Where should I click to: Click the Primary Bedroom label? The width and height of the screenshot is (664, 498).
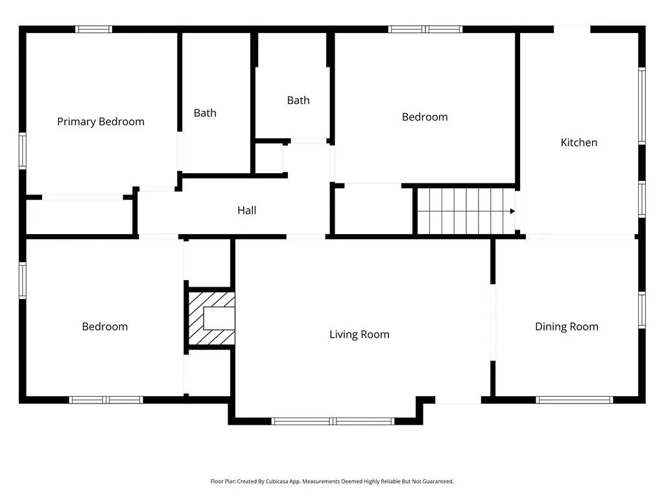(101, 122)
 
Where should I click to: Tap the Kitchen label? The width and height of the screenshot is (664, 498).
(578, 143)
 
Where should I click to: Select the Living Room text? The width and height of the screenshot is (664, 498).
(359, 335)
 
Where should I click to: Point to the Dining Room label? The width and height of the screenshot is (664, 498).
(566, 327)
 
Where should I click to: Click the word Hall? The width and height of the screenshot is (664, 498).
(246, 211)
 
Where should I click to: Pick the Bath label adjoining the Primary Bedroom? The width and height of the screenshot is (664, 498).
(205, 113)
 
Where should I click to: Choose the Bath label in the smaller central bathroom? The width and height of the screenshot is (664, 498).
(298, 101)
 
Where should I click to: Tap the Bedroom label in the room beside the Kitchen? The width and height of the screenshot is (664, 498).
(425, 117)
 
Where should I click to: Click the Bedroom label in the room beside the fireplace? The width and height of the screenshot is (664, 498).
(104, 327)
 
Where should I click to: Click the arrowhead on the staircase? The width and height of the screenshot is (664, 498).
(512, 211)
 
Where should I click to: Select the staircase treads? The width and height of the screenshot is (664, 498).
(464, 211)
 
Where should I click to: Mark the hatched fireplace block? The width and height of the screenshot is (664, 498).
(211, 318)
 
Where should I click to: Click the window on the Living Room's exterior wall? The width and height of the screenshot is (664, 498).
(333, 421)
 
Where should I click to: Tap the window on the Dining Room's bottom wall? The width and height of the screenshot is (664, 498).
(575, 399)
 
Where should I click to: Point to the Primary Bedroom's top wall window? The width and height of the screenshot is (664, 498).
(93, 29)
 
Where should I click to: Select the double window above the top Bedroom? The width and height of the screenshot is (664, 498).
(425, 29)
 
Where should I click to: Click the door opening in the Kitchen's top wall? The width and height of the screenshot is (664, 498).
(572, 29)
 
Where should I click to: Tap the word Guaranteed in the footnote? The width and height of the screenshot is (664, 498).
(436, 482)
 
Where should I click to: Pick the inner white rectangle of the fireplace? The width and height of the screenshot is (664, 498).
(219, 318)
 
